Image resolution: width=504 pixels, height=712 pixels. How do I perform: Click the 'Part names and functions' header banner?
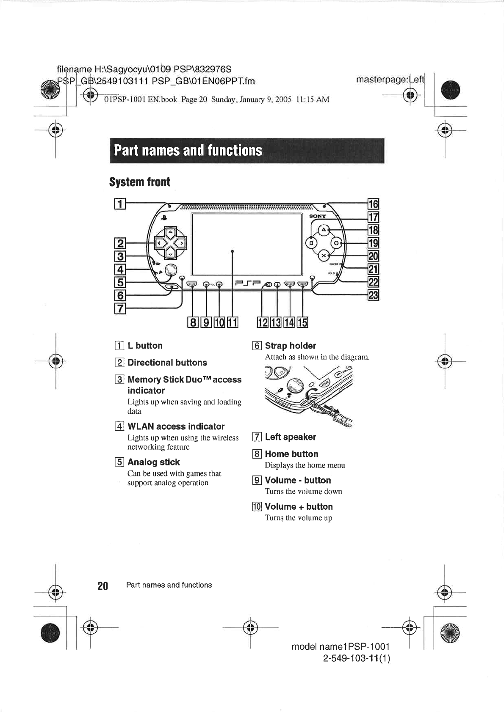(246, 151)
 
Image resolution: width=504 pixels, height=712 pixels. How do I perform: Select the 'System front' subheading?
(140, 182)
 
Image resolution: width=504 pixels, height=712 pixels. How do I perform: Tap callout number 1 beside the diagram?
(120, 204)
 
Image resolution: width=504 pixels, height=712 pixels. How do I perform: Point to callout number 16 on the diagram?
(373, 204)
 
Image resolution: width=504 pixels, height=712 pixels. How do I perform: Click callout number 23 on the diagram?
(373, 295)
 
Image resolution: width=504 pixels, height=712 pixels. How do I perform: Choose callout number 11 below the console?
(233, 323)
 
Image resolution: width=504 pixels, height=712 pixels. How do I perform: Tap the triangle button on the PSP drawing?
(324, 230)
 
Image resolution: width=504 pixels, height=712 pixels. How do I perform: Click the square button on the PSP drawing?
(311, 243)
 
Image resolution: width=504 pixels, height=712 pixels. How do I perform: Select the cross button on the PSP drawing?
(324, 256)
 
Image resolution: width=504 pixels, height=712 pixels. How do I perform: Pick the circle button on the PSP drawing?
(336, 243)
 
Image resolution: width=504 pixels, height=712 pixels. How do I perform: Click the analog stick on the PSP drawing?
(170, 270)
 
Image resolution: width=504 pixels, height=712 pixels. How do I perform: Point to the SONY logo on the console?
(318, 216)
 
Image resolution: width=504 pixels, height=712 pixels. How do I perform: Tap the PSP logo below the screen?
(246, 283)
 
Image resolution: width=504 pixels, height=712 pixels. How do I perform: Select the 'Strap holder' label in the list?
(290, 346)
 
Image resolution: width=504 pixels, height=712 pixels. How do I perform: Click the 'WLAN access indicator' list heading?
(176, 426)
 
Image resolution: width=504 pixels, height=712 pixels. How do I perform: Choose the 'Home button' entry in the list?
(291, 454)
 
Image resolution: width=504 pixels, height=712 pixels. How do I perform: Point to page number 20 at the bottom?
(102, 586)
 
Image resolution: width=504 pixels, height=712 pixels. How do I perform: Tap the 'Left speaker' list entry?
(290, 437)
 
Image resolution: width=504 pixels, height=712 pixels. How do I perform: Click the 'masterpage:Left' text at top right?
(390, 80)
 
